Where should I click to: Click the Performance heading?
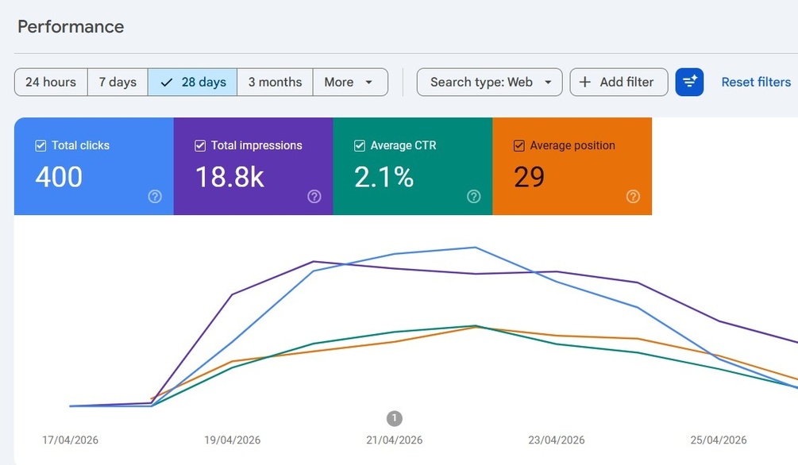[x=71, y=26]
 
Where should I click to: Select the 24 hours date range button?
[x=51, y=82]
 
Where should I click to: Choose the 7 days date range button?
[x=118, y=82]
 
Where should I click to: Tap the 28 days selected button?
[x=192, y=82]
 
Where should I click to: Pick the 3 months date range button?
[x=275, y=82]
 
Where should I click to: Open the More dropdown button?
[x=350, y=82]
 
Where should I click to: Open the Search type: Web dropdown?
[x=490, y=82]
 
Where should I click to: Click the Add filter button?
[x=619, y=82]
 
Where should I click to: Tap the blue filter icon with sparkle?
[x=689, y=82]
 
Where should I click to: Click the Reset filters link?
[x=756, y=82]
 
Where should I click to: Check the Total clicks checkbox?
[x=40, y=146]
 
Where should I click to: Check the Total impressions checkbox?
[x=200, y=146]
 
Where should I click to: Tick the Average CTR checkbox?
[x=360, y=146]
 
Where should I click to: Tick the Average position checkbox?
[x=519, y=146]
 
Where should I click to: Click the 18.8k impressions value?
[x=229, y=177]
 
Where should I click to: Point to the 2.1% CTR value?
[x=384, y=177]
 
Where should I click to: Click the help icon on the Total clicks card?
[x=155, y=196]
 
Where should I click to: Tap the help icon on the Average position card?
[x=633, y=196]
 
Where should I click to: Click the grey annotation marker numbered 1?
[x=395, y=418]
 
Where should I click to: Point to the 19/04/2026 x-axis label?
[x=232, y=440]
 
